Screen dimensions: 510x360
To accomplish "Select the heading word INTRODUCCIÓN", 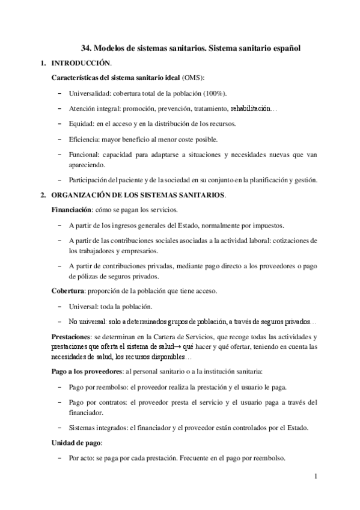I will [81, 63].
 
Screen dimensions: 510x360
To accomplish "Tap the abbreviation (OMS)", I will [192, 78].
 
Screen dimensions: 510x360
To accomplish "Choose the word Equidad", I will [81, 124].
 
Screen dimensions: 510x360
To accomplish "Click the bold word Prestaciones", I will [71, 337].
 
